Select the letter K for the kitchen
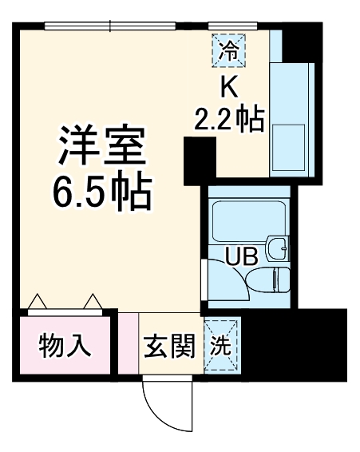(x=228, y=85)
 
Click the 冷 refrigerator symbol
(x=228, y=53)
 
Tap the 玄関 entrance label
(x=169, y=346)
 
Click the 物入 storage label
(x=64, y=347)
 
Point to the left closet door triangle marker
(x=36, y=302)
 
